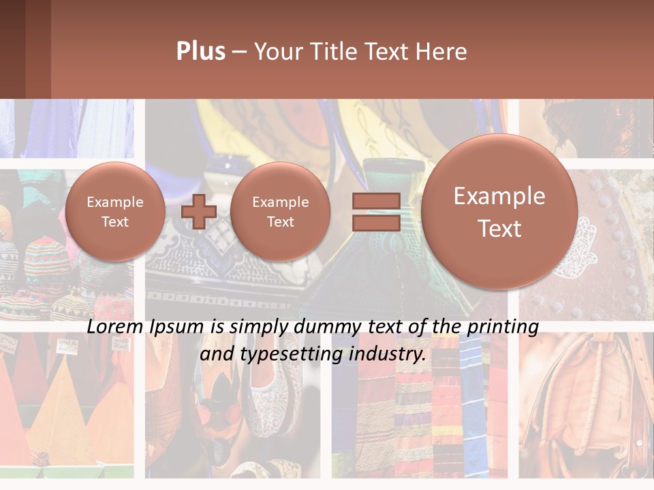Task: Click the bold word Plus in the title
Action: [x=200, y=52]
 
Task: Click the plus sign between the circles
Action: [x=199, y=211]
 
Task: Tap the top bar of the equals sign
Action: [x=376, y=201]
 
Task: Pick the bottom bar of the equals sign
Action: [x=376, y=223]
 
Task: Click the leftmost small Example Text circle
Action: [x=115, y=211]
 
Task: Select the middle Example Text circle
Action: [x=281, y=211]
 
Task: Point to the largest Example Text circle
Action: [x=499, y=212]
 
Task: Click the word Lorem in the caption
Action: [x=115, y=327]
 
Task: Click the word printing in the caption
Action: [x=503, y=327]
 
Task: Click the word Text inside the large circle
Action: [x=499, y=229]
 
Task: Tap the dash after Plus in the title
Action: [x=239, y=52]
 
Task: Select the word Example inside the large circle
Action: [x=499, y=196]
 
